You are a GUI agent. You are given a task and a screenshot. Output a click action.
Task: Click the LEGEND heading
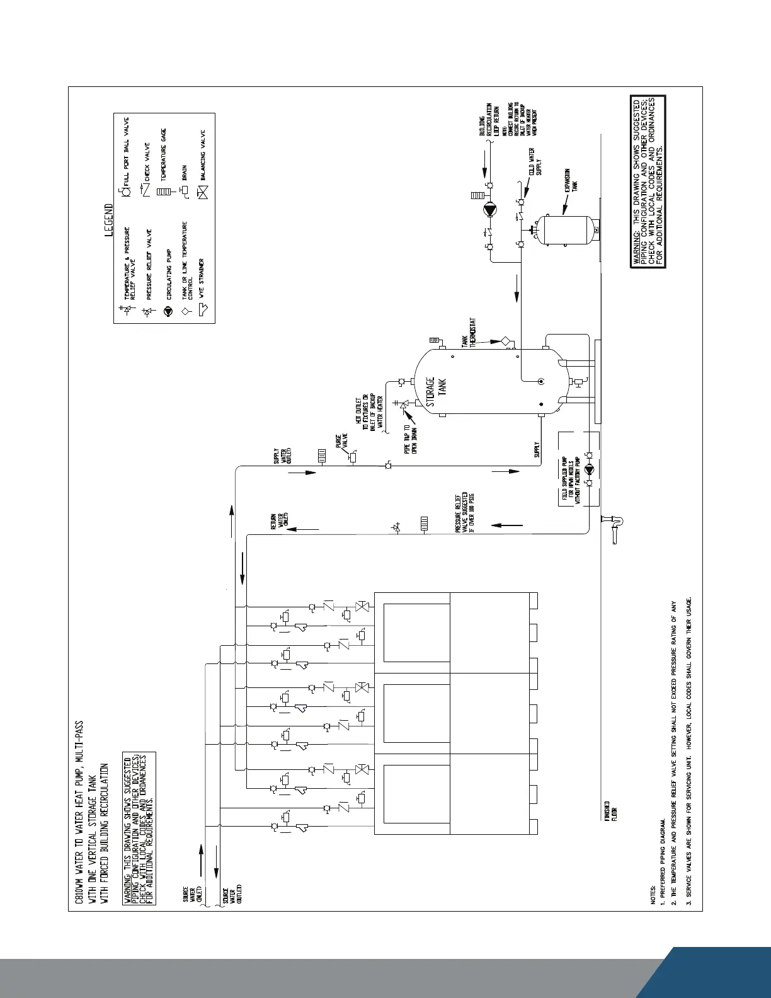109,220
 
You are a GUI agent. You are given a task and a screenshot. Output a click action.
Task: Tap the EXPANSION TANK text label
571,180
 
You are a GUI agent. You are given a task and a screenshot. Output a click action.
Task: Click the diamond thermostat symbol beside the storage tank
505,341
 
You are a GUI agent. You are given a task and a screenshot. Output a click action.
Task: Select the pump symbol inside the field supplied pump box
588,469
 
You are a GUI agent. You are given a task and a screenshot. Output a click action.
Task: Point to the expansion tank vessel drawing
565,231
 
